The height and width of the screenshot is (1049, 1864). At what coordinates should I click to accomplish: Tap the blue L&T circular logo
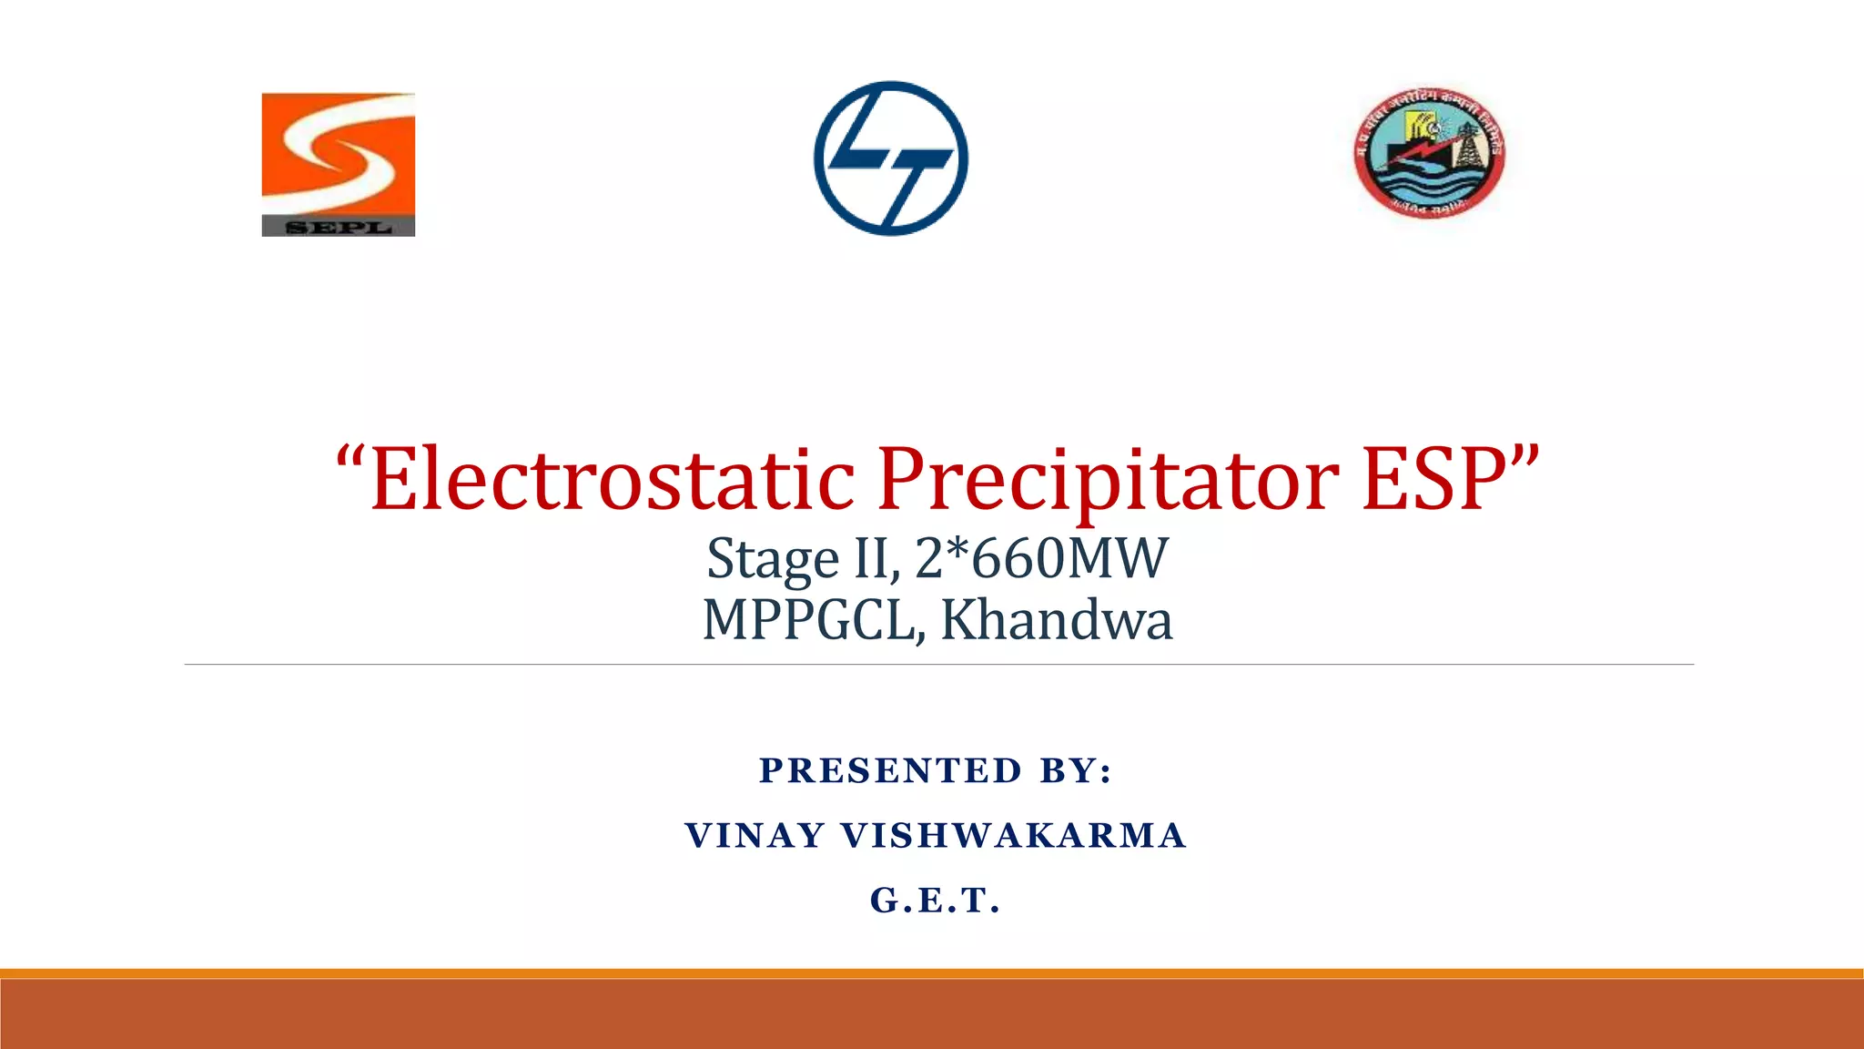(x=891, y=158)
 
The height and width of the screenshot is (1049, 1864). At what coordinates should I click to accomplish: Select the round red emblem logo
(x=1429, y=152)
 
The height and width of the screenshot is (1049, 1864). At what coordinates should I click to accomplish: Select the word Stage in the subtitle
(x=773, y=558)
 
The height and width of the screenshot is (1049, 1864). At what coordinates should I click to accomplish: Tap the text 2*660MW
(x=1041, y=558)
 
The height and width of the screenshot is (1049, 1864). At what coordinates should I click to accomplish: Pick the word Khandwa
(x=1056, y=621)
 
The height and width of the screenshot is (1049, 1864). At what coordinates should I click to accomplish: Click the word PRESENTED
(x=891, y=771)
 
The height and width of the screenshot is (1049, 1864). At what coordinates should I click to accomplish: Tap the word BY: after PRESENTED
(x=1077, y=771)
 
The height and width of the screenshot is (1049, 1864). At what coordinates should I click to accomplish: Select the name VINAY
(x=755, y=836)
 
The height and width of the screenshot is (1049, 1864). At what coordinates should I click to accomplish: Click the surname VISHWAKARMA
(x=1014, y=836)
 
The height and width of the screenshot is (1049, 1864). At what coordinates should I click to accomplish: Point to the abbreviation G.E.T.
(x=936, y=901)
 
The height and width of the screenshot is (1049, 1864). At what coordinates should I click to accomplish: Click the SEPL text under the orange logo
(x=339, y=227)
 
